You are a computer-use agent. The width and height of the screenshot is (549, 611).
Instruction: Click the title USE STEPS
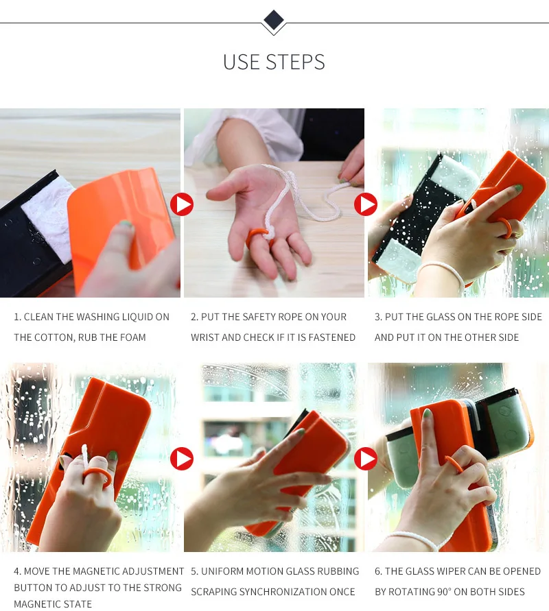click(274, 62)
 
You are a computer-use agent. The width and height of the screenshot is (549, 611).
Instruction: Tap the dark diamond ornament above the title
click(274, 19)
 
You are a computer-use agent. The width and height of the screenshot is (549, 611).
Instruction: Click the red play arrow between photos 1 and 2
click(182, 204)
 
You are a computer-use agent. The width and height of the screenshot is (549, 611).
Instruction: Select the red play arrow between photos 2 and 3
click(366, 204)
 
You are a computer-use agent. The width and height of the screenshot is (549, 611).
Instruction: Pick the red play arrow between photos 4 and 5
click(182, 459)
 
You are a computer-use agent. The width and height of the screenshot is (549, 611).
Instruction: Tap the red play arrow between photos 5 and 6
click(366, 459)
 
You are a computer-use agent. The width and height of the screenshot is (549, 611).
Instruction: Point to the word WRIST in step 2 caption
click(205, 337)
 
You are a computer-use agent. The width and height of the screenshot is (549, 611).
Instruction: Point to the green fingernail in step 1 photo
click(125, 225)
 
